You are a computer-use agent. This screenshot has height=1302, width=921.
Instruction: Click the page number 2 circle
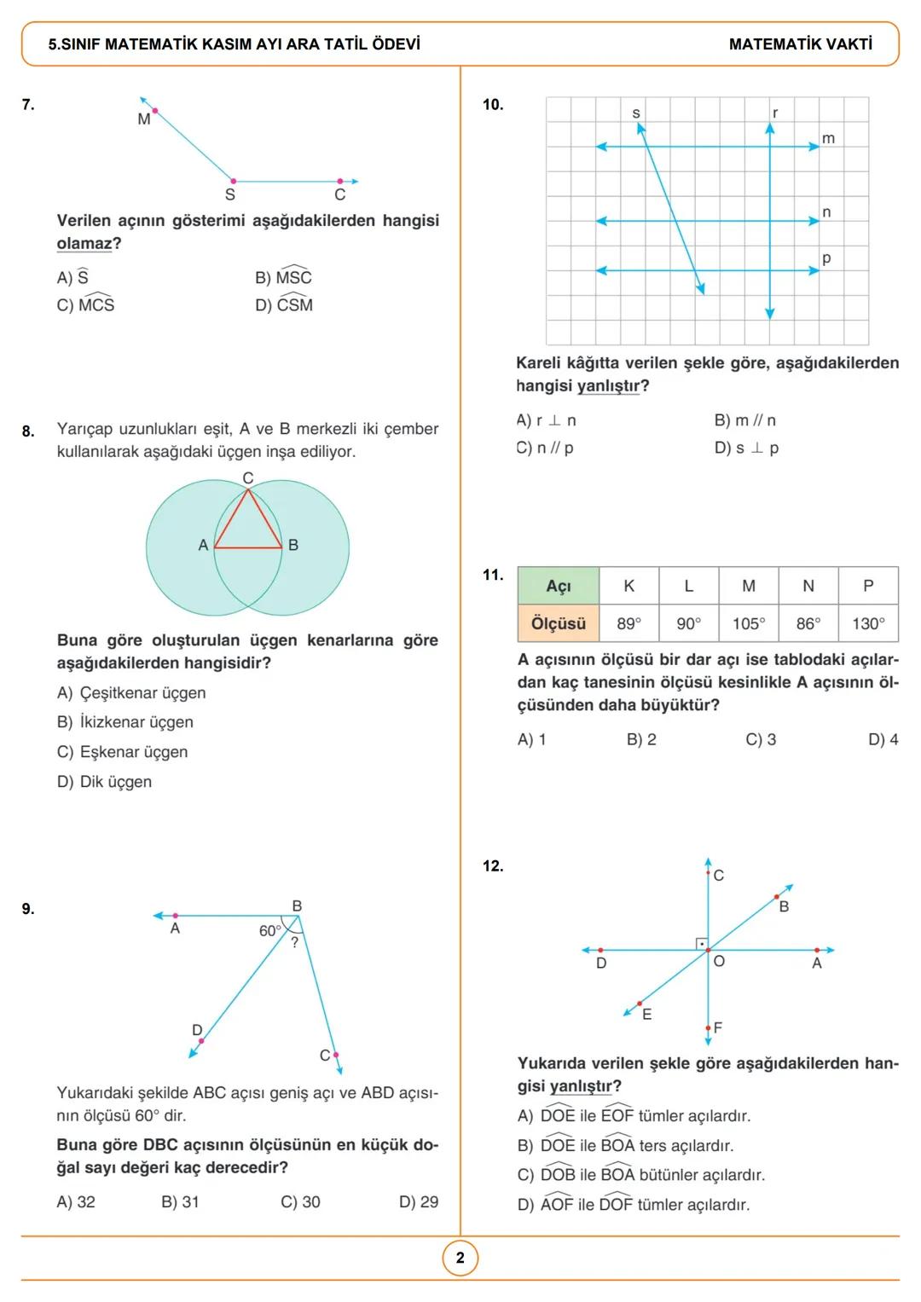(x=460, y=1258)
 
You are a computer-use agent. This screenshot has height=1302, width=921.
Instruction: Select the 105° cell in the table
(x=748, y=623)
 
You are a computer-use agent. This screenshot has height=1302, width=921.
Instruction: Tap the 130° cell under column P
(x=868, y=623)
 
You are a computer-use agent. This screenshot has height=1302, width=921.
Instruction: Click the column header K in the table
(x=628, y=586)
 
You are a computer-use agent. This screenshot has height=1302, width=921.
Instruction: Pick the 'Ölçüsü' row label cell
(x=558, y=623)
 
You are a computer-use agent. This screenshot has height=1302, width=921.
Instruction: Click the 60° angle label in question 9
(x=269, y=931)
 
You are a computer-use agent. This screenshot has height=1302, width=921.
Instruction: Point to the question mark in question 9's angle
(x=295, y=943)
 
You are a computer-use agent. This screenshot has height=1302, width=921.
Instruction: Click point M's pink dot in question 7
(x=154, y=111)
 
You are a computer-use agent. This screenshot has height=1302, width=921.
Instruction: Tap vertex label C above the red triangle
(x=247, y=478)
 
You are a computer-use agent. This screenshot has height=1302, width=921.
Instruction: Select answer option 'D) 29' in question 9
(x=418, y=1201)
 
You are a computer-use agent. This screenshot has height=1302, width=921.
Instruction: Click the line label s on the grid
(x=636, y=113)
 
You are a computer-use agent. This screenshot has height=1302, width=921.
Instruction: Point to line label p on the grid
(x=825, y=258)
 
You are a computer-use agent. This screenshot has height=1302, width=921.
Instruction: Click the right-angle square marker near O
(x=701, y=943)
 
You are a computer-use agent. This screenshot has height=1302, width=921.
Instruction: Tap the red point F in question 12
(x=708, y=1028)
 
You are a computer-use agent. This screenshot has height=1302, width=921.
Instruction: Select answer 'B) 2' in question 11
(x=641, y=739)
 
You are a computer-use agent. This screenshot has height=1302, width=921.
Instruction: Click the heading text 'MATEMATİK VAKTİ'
(x=800, y=44)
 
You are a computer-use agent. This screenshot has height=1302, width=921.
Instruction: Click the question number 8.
(x=28, y=431)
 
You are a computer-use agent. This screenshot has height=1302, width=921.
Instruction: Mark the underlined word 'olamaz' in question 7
(x=84, y=244)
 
